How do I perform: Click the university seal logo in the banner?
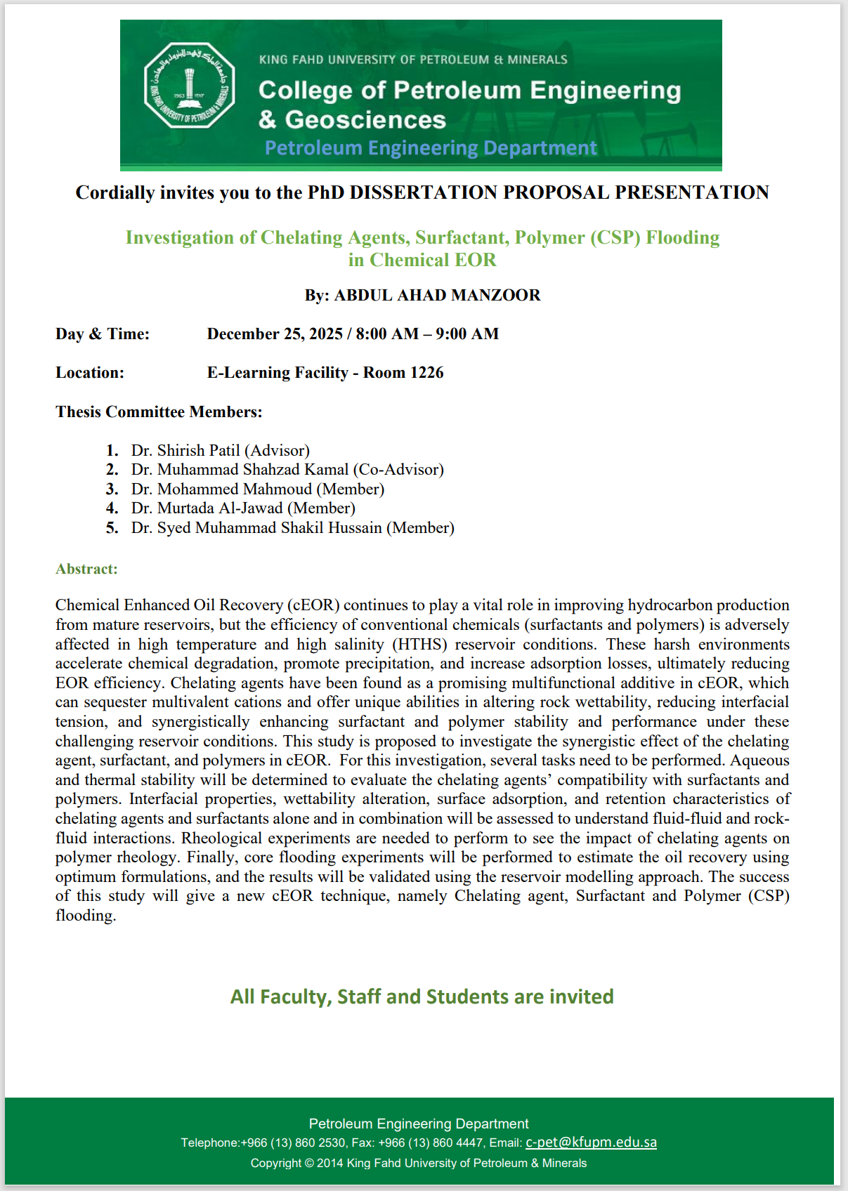pos(189,86)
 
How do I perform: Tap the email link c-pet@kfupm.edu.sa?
pos(591,1142)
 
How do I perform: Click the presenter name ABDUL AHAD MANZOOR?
pos(437,295)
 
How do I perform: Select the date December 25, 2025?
pos(275,334)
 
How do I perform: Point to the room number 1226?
pos(426,372)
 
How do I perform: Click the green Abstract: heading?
pos(86,569)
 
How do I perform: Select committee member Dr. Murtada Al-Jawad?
pos(207,508)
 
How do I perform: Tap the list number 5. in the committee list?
pos(112,527)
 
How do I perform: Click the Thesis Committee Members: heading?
pos(159,412)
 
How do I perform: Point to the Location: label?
pos(90,372)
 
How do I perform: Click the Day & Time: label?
pos(103,334)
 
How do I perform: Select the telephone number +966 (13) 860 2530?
pos(293,1143)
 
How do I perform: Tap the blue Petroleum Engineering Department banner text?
pos(431,147)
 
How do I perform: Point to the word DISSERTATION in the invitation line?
pos(424,192)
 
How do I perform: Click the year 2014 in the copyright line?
pos(330,1163)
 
